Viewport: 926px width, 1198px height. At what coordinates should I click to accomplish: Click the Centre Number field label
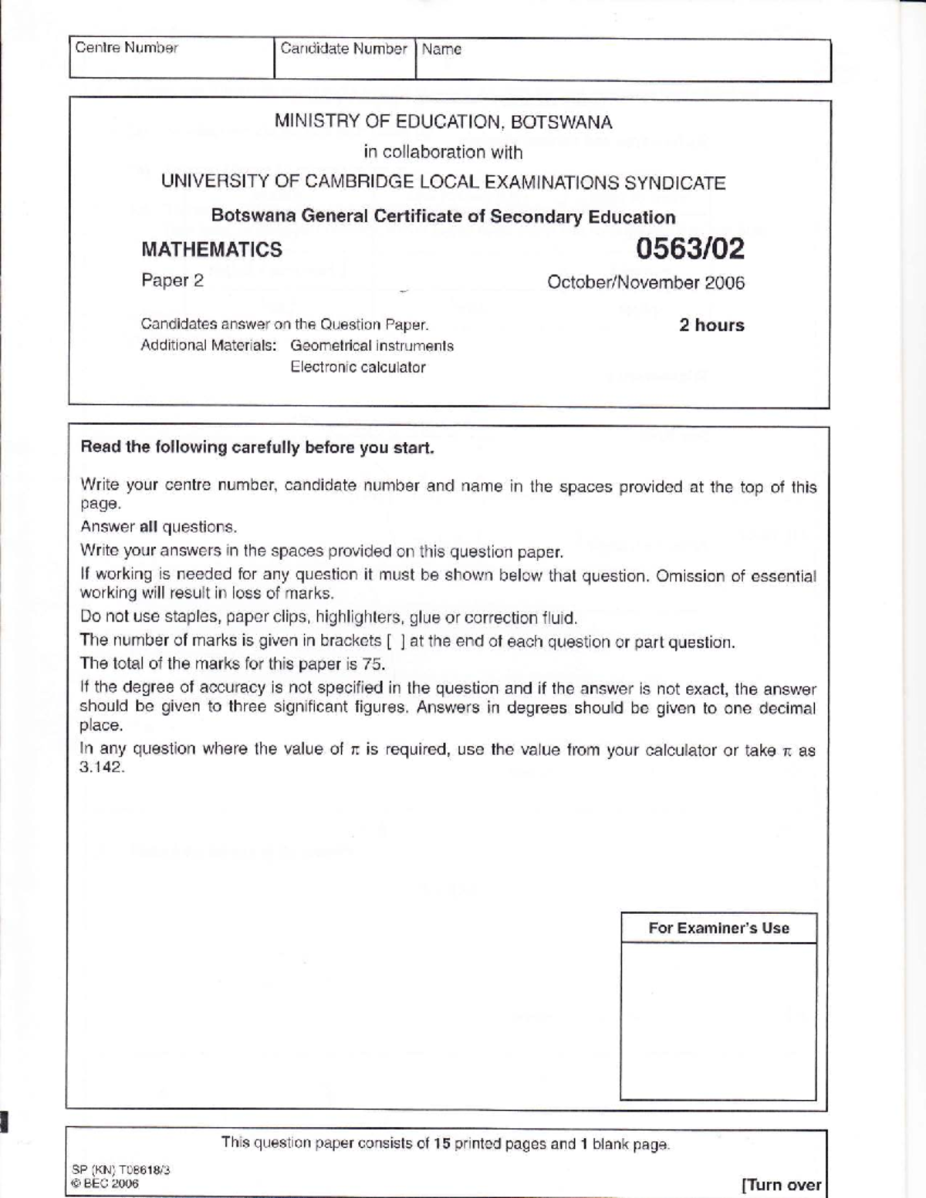coord(127,48)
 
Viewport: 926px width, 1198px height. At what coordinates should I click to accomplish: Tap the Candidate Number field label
coord(343,49)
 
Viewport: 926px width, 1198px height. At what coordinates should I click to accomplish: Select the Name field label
coord(441,49)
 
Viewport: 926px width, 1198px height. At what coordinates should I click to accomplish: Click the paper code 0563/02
coord(690,248)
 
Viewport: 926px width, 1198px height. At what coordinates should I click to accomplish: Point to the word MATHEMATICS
coord(211,250)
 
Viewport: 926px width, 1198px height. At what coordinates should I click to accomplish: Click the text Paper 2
coord(172,281)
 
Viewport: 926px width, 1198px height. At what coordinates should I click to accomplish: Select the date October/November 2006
coord(646,282)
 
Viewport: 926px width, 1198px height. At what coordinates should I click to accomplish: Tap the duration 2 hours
coord(711,325)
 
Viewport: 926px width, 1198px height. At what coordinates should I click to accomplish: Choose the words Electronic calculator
coord(358,367)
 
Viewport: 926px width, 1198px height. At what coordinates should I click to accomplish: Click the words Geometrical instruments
coord(372,346)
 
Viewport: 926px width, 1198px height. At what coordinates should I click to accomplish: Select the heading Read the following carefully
coord(257,447)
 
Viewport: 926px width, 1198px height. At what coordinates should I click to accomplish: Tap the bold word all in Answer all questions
coord(148,528)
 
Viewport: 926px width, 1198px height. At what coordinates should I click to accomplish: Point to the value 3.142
coord(102,768)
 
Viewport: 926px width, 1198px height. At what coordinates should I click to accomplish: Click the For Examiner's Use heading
coord(718,928)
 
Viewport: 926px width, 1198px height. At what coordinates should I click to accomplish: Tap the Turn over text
coord(782,1184)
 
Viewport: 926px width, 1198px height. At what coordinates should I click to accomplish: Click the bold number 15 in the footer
coord(441,1143)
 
